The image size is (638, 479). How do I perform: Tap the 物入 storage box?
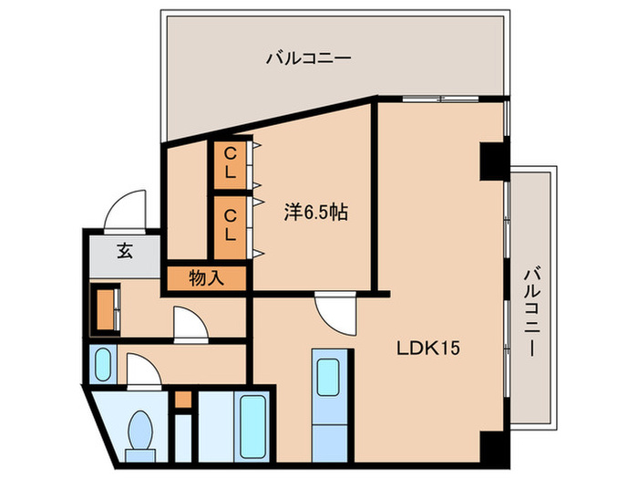206,278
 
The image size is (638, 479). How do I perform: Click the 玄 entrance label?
123,252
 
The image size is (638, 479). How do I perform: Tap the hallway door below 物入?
192,324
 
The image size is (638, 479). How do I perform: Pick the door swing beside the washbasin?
143,370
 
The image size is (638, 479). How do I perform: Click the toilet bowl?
141,428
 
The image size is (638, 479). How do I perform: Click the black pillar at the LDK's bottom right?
492,446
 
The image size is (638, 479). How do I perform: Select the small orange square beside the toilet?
184,399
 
